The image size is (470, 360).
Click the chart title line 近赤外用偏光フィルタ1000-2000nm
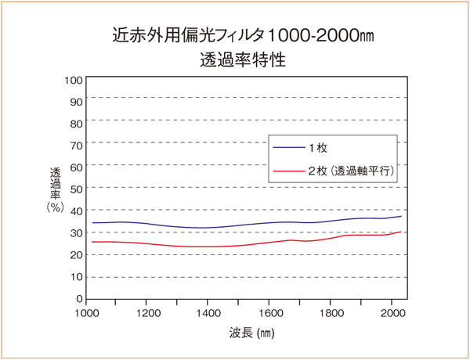[235, 36]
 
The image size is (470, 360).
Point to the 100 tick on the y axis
[73, 79]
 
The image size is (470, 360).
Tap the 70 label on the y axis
[76, 145]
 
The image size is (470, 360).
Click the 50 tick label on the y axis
[76, 189]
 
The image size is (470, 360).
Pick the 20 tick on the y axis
[76, 254]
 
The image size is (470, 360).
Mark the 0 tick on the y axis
[79, 298]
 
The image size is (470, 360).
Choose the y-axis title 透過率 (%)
[55, 189]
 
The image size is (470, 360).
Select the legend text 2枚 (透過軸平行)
[349, 170]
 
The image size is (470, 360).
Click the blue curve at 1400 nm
[208, 228]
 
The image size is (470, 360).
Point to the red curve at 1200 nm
[148, 243]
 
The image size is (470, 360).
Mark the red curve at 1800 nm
[330, 238]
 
